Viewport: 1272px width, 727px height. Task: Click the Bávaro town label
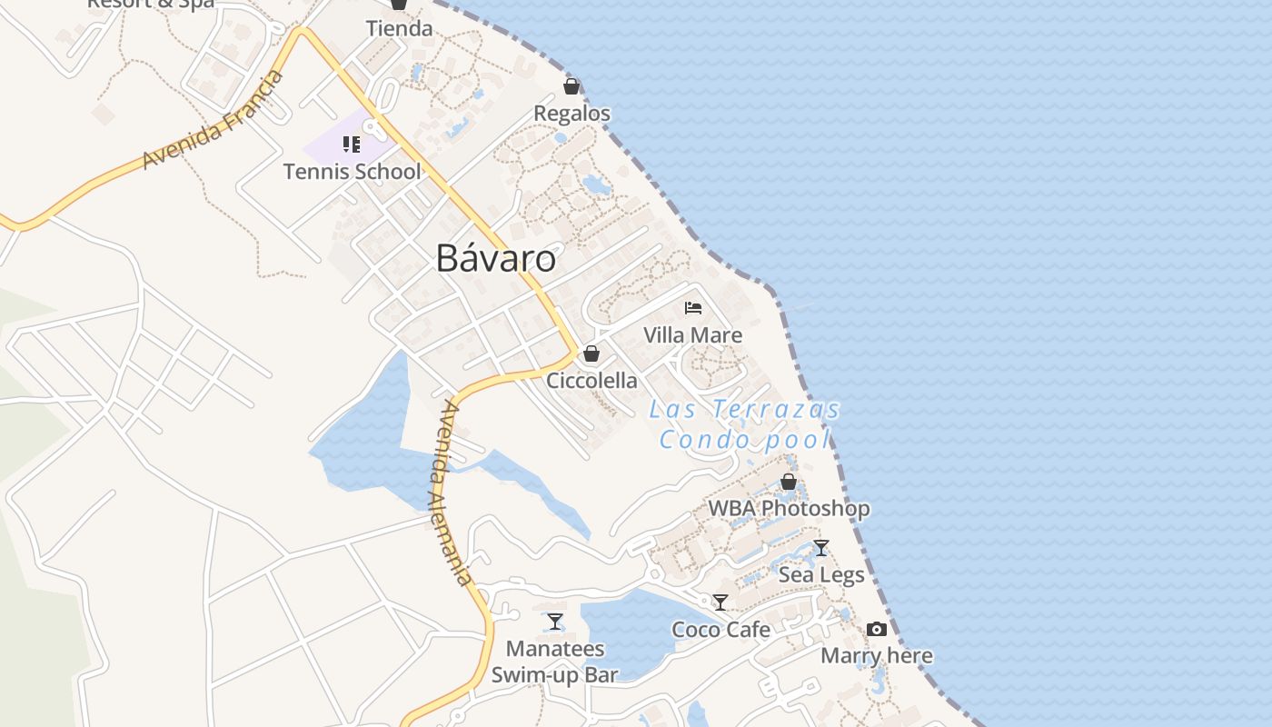495,258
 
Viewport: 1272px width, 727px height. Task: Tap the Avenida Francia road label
214,119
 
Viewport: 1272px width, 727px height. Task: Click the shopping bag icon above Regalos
571,86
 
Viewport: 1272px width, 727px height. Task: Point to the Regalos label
571,114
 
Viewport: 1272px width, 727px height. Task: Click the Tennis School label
352,171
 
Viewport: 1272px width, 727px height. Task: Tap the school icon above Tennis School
352,144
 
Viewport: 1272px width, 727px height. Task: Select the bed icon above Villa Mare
693,307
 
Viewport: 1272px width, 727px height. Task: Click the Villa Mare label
692,334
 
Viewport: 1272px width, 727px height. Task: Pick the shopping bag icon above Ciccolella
591,354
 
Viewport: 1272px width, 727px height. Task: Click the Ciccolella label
591,380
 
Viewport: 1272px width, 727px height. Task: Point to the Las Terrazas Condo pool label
744,424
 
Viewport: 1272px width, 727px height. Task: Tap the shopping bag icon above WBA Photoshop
789,482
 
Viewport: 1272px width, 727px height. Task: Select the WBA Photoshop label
789,508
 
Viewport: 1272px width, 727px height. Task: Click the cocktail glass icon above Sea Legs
821,547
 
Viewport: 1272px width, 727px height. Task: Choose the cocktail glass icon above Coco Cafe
720,602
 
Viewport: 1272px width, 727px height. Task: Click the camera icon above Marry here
877,629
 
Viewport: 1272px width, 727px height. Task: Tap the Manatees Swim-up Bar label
554,662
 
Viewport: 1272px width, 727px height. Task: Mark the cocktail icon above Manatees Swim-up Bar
555,622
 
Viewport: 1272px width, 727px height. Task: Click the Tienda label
399,28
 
